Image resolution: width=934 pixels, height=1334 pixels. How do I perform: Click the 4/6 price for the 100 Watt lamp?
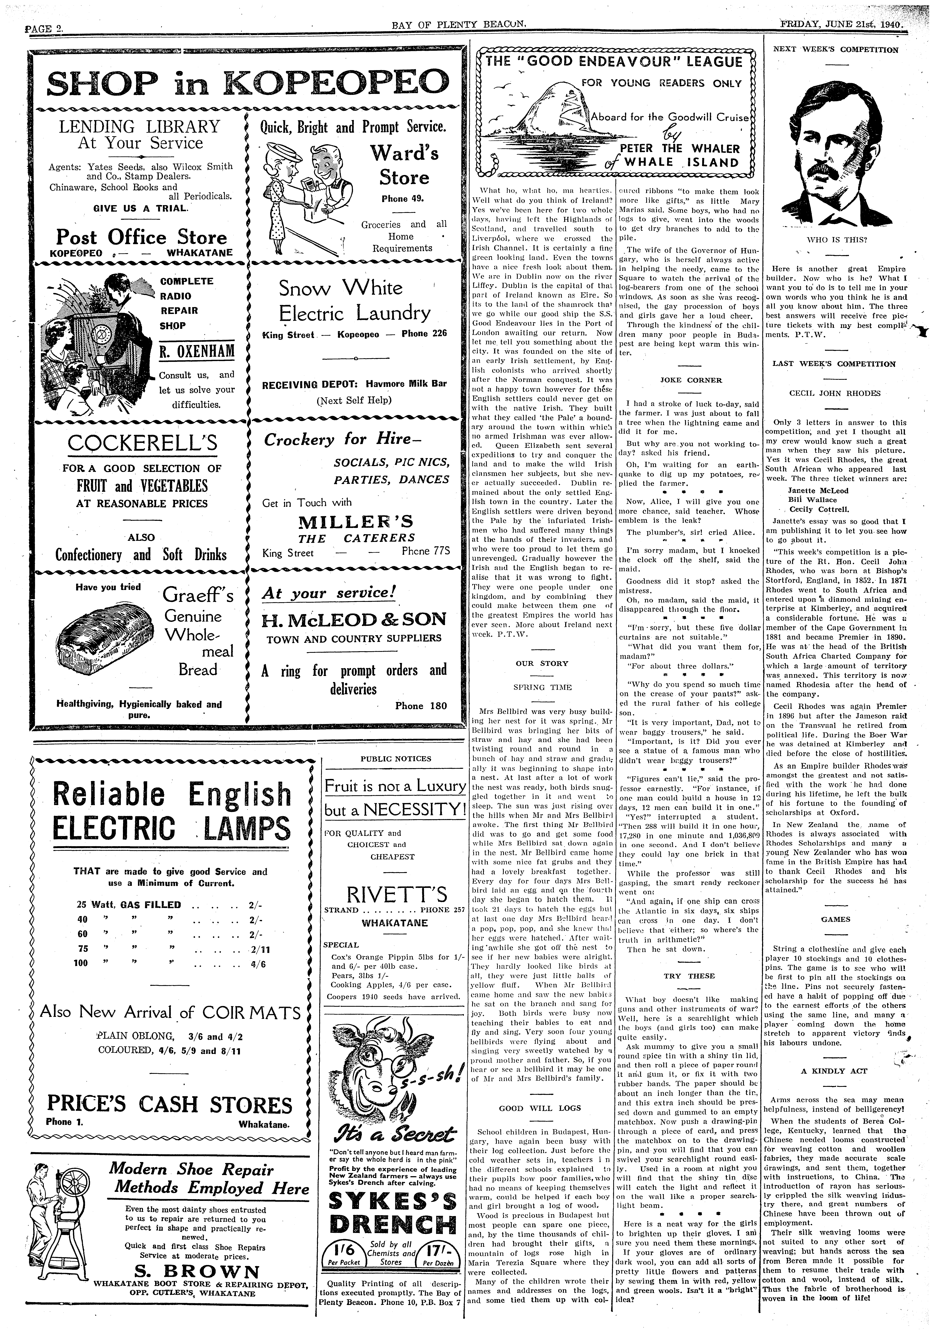point(258,963)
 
